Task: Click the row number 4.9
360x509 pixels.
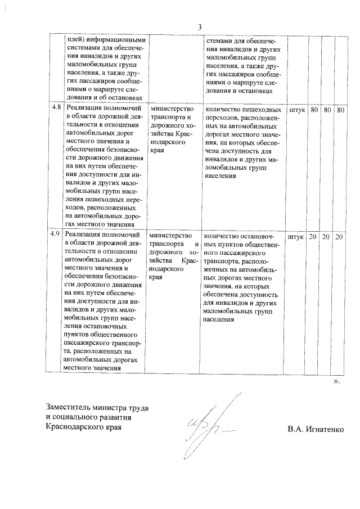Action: tap(55, 235)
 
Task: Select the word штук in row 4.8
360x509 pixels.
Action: tap(296, 110)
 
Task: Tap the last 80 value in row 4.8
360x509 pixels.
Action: tap(340, 110)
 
